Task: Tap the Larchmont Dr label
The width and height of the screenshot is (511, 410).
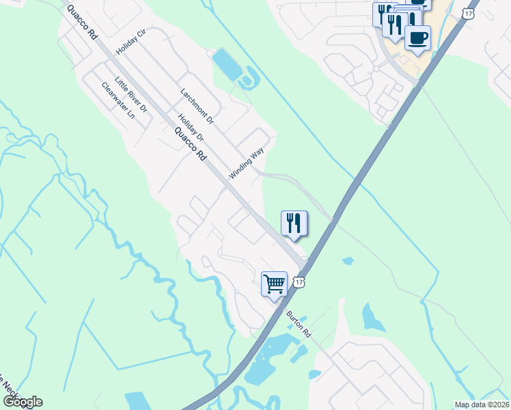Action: (x=197, y=106)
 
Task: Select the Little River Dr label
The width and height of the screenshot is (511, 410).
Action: (x=131, y=94)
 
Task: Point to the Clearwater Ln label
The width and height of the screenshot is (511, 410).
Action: (x=118, y=100)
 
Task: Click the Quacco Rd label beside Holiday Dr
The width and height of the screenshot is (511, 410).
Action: (x=190, y=143)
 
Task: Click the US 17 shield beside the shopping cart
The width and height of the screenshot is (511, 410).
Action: (x=299, y=282)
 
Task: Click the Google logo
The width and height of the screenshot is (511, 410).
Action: (x=22, y=402)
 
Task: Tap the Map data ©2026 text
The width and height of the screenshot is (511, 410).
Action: (x=482, y=405)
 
